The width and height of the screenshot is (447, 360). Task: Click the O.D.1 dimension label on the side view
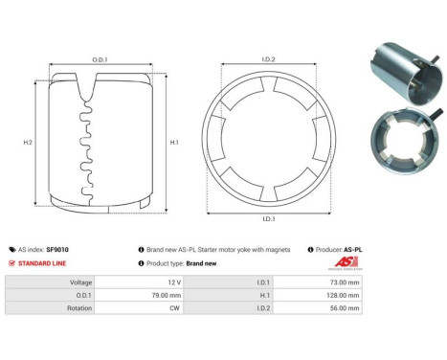(100, 59)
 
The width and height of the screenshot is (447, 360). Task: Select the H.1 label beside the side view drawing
(174, 142)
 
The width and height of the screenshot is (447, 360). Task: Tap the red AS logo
(345, 262)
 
